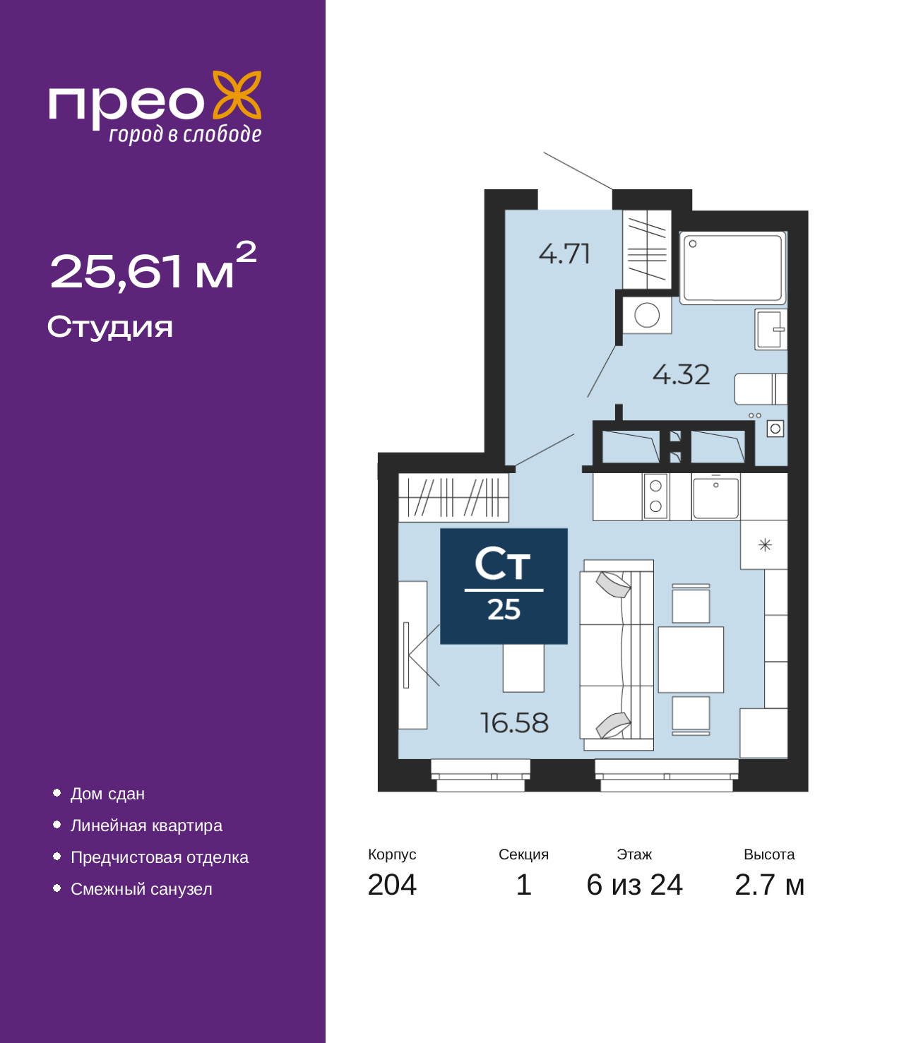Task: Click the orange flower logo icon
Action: pyautogui.click(x=237, y=95)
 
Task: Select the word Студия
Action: pyautogui.click(x=110, y=327)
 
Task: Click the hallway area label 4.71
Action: pyautogui.click(x=564, y=254)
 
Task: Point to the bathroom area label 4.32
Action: pyautogui.click(x=681, y=375)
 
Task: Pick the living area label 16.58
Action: pyautogui.click(x=514, y=723)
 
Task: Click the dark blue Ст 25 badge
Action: pyautogui.click(x=504, y=586)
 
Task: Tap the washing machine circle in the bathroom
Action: pyautogui.click(x=647, y=316)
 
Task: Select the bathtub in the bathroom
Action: pyautogui.click(x=733, y=268)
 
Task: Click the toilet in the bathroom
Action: pyautogui.click(x=761, y=389)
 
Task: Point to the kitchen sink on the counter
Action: pyautogui.click(x=715, y=498)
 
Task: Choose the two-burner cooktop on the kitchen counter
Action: pyautogui.click(x=655, y=496)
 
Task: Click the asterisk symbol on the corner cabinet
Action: pyautogui.click(x=765, y=545)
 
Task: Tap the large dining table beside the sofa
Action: pyautogui.click(x=691, y=660)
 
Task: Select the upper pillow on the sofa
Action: pyautogui.click(x=613, y=584)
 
